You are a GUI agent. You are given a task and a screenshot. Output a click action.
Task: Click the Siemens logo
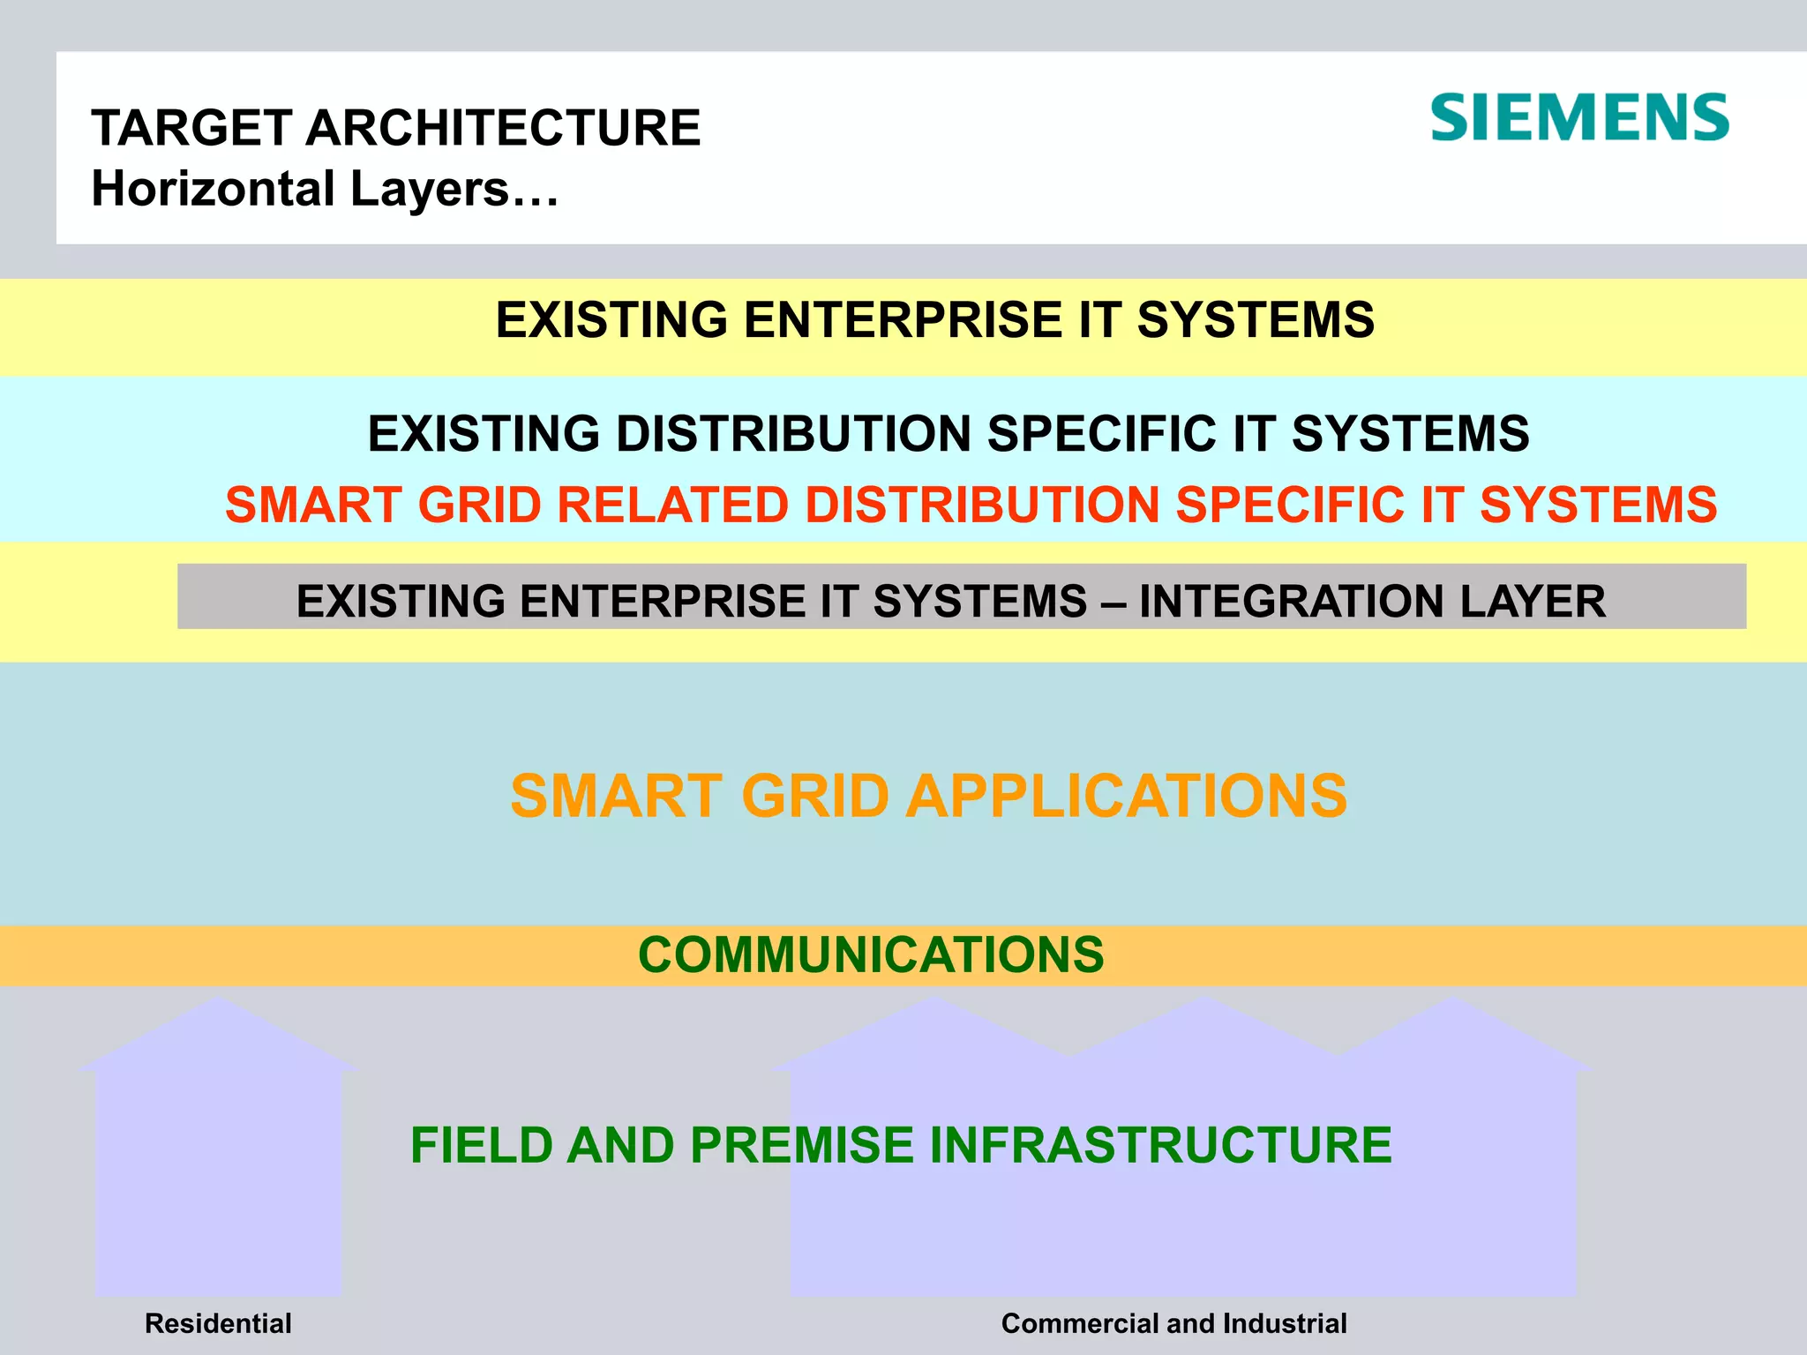click(1579, 118)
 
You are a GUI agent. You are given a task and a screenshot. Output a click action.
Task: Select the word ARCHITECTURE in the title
click(503, 128)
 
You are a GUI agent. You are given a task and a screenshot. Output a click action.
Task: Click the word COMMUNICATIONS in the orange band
click(871, 954)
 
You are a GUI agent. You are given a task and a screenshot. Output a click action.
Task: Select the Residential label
click(218, 1323)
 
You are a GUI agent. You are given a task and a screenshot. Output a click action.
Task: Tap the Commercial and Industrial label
click(1173, 1323)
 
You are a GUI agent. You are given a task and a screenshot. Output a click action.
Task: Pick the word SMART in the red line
click(313, 505)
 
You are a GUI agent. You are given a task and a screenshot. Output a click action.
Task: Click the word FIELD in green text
click(481, 1145)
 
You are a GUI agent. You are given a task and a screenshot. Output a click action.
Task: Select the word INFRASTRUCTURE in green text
click(1160, 1145)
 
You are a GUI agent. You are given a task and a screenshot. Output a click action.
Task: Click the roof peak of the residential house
click(218, 1000)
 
